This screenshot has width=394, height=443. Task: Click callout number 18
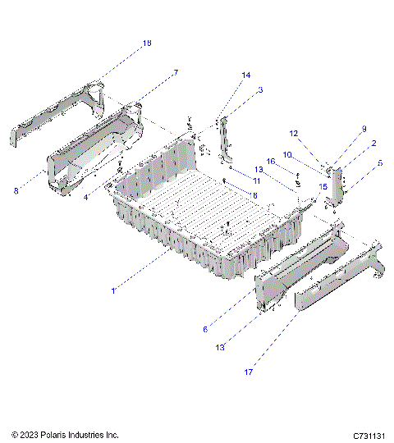[x=147, y=43]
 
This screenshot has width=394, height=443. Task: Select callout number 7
[x=175, y=73]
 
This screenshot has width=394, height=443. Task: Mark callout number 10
[x=287, y=154]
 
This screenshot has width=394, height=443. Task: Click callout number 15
[x=323, y=187]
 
